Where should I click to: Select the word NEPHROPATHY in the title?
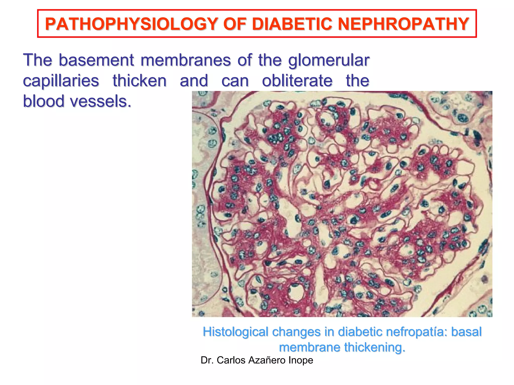[403, 24]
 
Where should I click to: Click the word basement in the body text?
[96, 60]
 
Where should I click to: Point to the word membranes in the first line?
[185, 60]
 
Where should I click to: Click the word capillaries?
[61, 81]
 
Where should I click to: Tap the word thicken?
[140, 81]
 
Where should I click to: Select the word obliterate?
[297, 81]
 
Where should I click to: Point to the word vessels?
[100, 101]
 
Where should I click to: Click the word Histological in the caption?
[236, 332]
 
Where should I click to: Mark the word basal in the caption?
[466, 332]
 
